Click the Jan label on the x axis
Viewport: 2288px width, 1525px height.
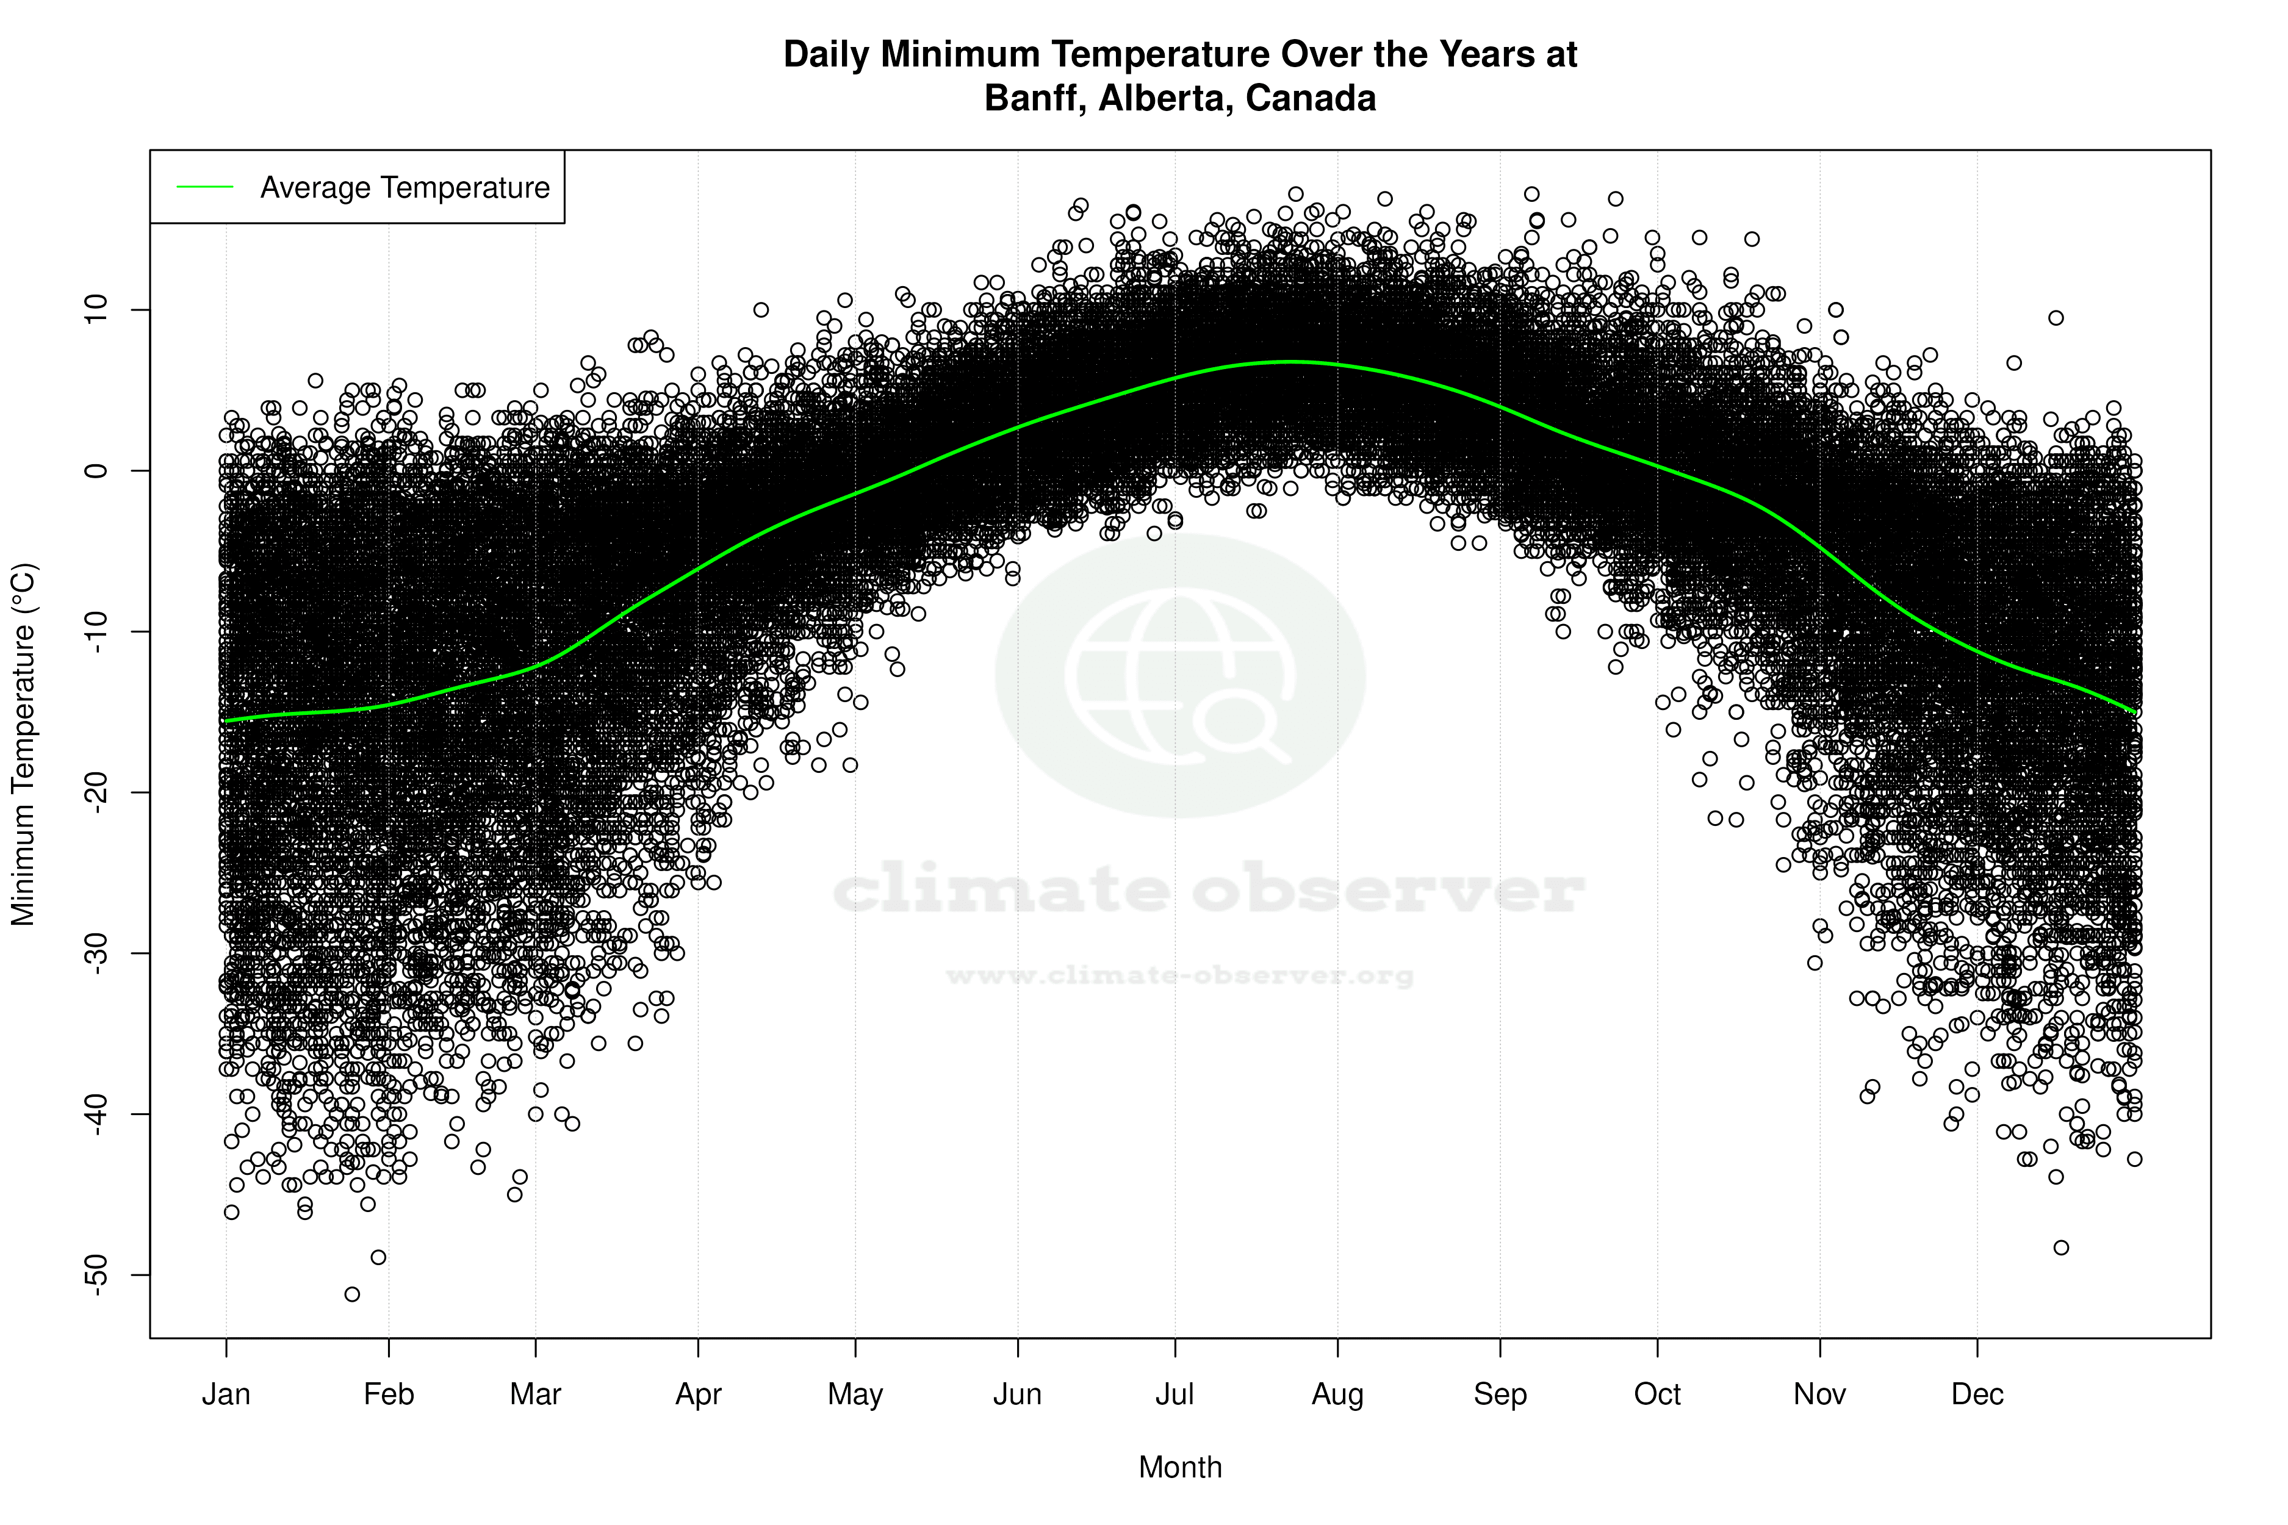[226, 1394]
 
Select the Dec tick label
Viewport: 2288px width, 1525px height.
[1977, 1394]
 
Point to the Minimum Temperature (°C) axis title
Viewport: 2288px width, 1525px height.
[23, 744]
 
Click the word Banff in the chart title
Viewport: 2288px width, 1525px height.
[1035, 98]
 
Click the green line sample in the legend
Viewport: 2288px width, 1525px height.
[205, 187]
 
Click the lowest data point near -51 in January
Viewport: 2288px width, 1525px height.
[352, 1294]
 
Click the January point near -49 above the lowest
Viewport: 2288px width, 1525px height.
[378, 1258]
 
